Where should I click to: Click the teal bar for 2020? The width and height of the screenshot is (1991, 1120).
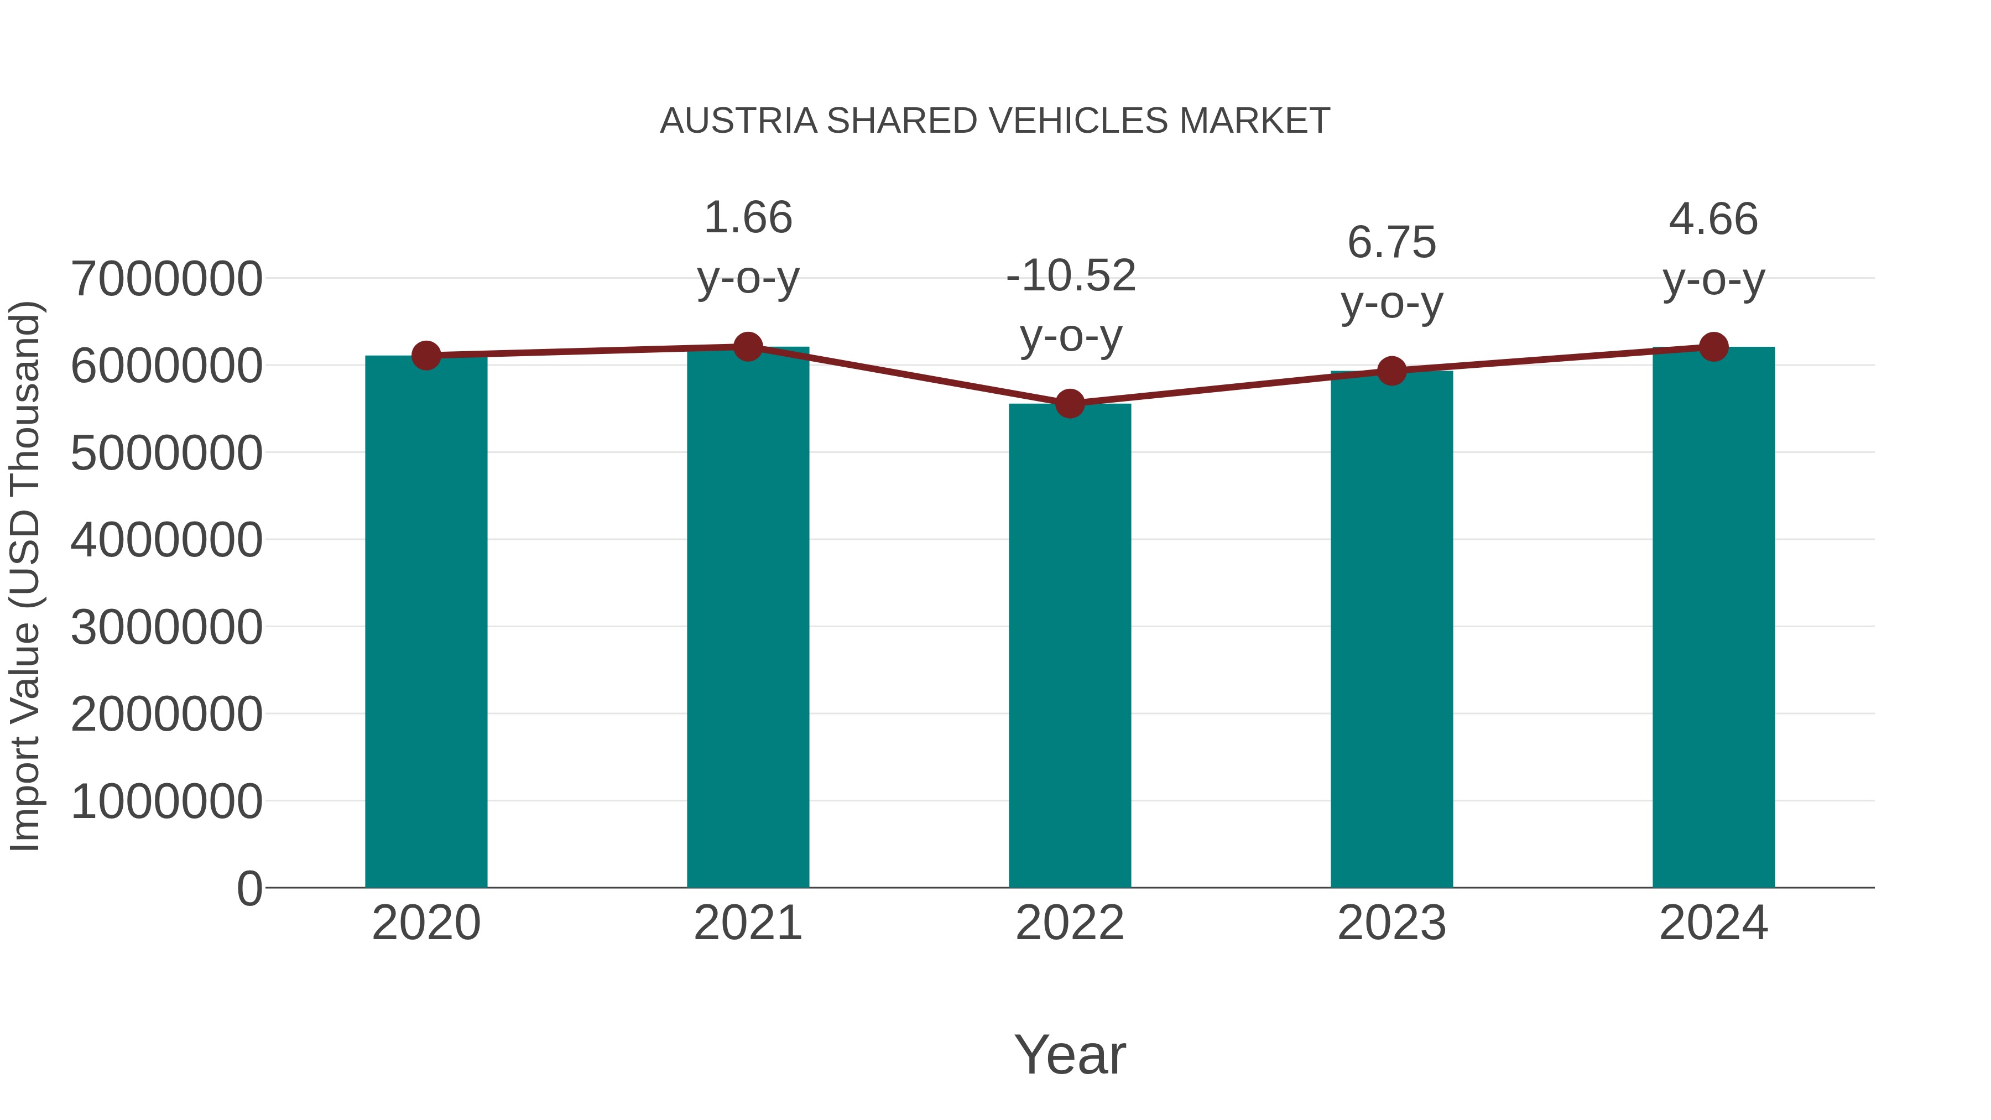(x=426, y=622)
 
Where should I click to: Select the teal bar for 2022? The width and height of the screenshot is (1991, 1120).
(x=1070, y=645)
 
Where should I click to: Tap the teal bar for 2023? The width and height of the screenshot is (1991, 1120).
(x=1391, y=630)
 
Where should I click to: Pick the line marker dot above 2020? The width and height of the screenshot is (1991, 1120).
(x=426, y=356)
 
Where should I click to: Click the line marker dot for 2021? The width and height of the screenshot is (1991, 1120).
(x=747, y=347)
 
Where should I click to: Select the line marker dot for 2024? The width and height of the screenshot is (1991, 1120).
(x=1713, y=347)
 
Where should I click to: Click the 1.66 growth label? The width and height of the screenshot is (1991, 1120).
(x=747, y=218)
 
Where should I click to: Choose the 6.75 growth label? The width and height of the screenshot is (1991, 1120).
(x=1391, y=243)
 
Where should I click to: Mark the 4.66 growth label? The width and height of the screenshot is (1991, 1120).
(x=1713, y=220)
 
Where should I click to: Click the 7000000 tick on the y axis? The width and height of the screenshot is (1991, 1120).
(x=166, y=279)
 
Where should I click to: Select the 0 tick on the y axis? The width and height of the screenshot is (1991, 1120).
(x=249, y=888)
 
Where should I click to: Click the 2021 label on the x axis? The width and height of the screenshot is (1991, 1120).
(x=747, y=923)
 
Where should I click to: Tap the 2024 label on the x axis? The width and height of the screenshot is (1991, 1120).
(x=1713, y=923)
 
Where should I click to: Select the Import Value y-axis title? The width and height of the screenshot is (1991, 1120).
(x=25, y=576)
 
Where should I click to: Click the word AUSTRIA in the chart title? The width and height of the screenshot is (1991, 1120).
(x=738, y=121)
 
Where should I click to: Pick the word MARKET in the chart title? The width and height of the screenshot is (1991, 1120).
(x=1254, y=121)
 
